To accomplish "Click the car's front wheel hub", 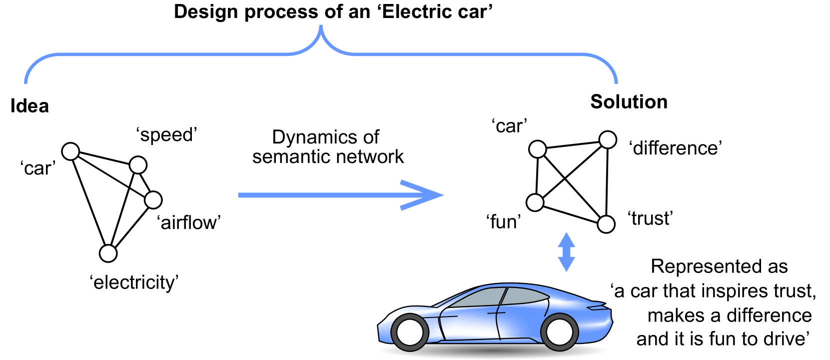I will [x=410, y=332].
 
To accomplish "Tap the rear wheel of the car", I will [x=559, y=332].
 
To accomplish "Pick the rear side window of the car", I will [x=525, y=296].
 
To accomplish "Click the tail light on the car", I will [x=597, y=307].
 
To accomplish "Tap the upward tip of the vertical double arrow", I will [x=566, y=234].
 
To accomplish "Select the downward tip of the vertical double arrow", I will [x=566, y=270].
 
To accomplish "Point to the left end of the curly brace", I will [x=26, y=81].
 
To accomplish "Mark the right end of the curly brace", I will [x=616, y=81].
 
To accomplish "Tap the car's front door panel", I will [x=470, y=325].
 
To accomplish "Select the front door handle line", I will [x=448, y=317].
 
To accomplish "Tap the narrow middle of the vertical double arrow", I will [x=566, y=252].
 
